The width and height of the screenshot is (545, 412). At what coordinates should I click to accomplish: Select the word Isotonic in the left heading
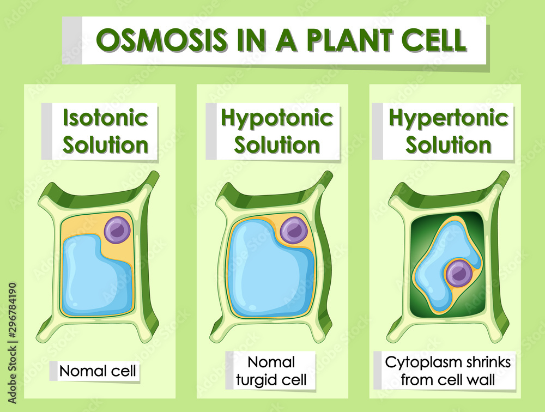click(x=105, y=118)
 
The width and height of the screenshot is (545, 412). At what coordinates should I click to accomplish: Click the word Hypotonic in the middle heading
click(x=277, y=118)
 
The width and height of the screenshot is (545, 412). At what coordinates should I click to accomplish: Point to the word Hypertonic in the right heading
click(x=449, y=118)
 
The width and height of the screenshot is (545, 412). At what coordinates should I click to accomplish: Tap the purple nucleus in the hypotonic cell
click(x=294, y=229)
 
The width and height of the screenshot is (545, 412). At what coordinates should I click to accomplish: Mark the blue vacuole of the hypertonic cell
click(x=439, y=256)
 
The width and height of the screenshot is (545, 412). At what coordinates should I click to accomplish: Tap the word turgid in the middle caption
click(x=255, y=380)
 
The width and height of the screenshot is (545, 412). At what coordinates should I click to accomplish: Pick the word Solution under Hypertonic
click(x=449, y=145)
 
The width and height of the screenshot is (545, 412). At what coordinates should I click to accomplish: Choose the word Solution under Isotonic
click(x=105, y=145)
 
